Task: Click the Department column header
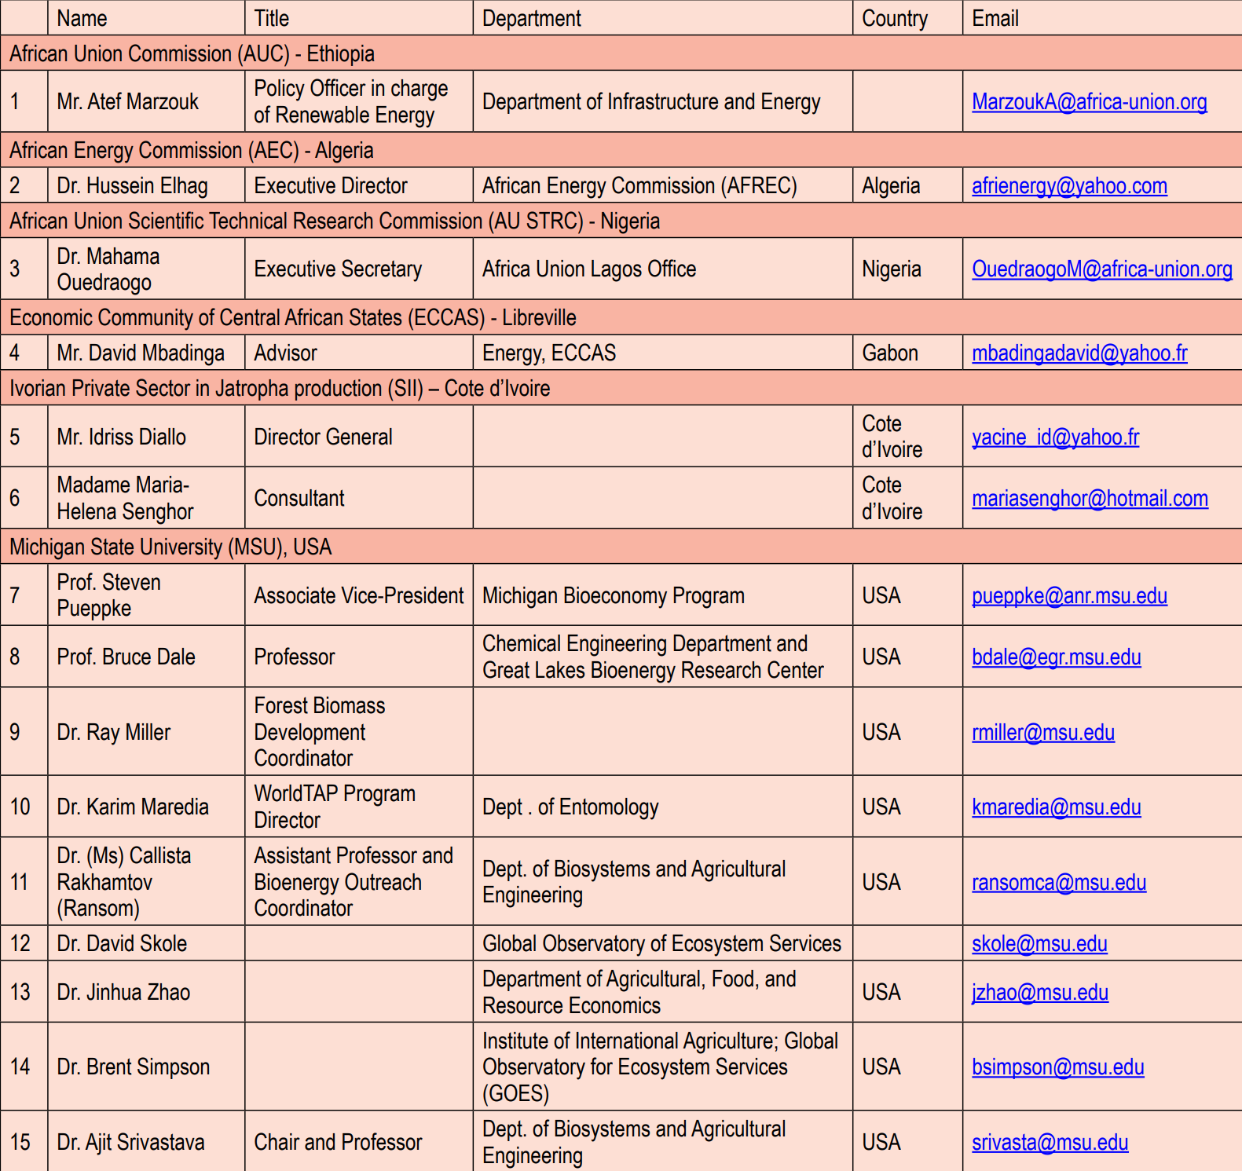pyautogui.click(x=532, y=18)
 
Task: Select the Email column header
pyautogui.click(x=995, y=18)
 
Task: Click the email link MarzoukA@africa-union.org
pyautogui.click(x=1089, y=102)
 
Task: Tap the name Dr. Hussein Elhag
pyautogui.click(x=132, y=186)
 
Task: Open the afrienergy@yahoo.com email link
pyautogui.click(x=1068, y=186)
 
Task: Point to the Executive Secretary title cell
pyautogui.click(x=338, y=269)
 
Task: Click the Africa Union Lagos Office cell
pyautogui.click(x=589, y=269)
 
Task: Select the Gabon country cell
pyautogui.click(x=890, y=353)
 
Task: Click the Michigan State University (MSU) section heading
pyautogui.click(x=170, y=547)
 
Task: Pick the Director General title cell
pyautogui.click(x=323, y=437)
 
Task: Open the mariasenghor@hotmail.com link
pyautogui.click(x=1090, y=499)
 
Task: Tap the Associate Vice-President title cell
pyautogui.click(x=358, y=596)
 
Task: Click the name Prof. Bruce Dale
pyautogui.click(x=126, y=657)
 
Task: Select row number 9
pyautogui.click(x=15, y=732)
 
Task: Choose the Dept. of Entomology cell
pyautogui.click(x=570, y=807)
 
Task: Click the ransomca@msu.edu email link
pyautogui.click(x=1058, y=883)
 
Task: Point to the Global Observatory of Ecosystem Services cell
pyautogui.click(x=661, y=944)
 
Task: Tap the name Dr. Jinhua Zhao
pyautogui.click(x=123, y=993)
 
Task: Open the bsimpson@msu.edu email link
pyautogui.click(x=1057, y=1067)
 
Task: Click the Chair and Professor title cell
pyautogui.click(x=338, y=1143)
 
